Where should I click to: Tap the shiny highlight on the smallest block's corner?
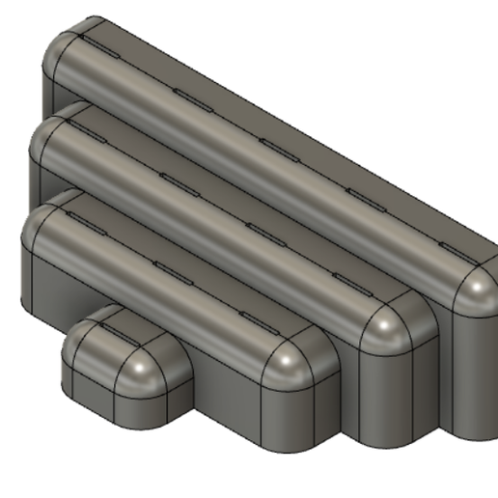tap(146, 368)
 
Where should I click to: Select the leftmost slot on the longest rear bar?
tap(97, 43)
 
